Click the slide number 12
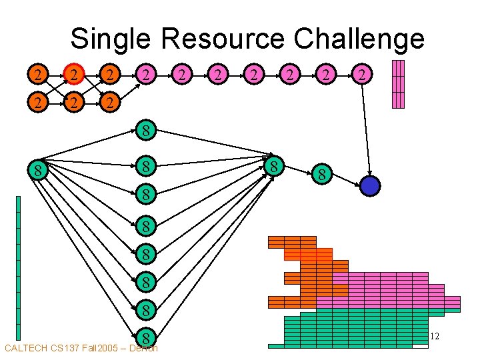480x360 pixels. click(434, 337)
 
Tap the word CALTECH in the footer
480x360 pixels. click(27, 348)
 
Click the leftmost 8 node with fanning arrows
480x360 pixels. click(39, 171)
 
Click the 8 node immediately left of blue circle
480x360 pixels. click(321, 176)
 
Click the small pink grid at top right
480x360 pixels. click(398, 84)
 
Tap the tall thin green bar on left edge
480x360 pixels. click(18, 267)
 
